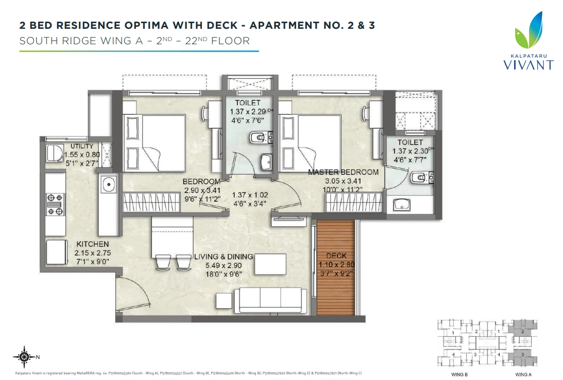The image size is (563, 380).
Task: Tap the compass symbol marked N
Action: tap(24, 356)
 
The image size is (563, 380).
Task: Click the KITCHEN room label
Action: tap(93, 244)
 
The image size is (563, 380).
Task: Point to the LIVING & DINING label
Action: tap(223, 257)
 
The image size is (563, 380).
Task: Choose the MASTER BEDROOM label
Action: tap(343, 172)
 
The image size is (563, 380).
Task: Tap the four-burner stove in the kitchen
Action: tap(55, 204)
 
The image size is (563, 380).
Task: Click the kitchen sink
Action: tap(108, 184)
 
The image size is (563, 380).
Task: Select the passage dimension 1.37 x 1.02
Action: tap(250, 195)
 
